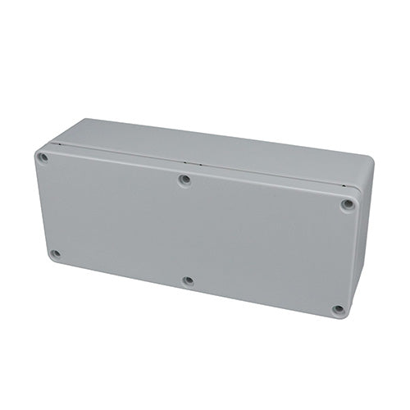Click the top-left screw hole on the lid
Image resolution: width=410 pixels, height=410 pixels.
point(43,157)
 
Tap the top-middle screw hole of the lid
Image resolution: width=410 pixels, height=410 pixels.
point(185,178)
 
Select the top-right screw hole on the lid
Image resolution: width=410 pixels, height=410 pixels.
point(348,204)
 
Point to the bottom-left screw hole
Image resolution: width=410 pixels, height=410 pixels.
point(56,253)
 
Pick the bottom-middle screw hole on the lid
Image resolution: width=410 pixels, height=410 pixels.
point(188,280)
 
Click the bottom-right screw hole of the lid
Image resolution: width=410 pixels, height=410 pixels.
point(337,309)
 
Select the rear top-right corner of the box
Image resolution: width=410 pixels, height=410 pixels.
point(369,160)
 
